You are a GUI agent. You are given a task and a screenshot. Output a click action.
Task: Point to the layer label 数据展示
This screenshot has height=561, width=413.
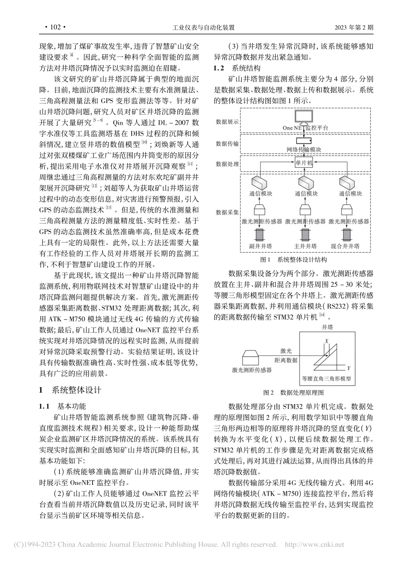(227, 122)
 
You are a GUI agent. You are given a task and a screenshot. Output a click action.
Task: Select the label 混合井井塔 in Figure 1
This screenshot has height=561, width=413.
(345, 246)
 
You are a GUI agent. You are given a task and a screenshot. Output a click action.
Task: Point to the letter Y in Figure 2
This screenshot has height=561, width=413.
(348, 368)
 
